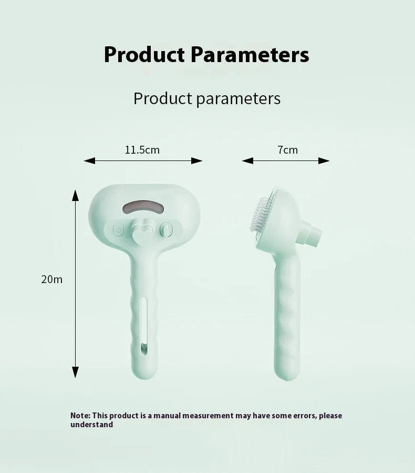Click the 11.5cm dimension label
coord(142,150)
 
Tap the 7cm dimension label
coord(287,150)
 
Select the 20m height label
coord(52,279)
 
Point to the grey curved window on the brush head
coord(143,206)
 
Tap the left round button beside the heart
coord(118,230)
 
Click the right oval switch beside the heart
coord(165,229)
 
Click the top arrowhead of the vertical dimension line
coord(75,195)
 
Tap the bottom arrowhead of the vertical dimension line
coord(75,373)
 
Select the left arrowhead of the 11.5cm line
coord(89,161)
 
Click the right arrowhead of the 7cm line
coord(324,161)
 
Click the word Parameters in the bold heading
coord(250,55)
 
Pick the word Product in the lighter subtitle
coord(163,98)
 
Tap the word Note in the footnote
coord(79,415)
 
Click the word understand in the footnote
coord(92,425)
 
